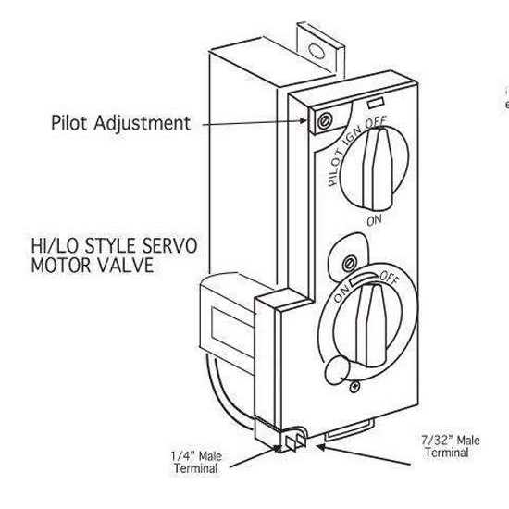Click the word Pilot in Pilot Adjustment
pyautogui.click(x=69, y=123)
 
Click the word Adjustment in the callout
pyautogui.click(x=143, y=123)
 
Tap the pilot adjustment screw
pyautogui.click(x=324, y=121)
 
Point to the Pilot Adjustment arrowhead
pyautogui.click(x=303, y=120)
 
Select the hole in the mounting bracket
pyautogui.click(x=317, y=51)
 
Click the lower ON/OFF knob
pyautogui.click(x=369, y=325)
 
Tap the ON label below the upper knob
pyautogui.click(x=374, y=221)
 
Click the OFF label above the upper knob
pyautogui.click(x=377, y=122)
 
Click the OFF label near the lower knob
pyautogui.click(x=390, y=278)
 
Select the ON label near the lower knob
pyautogui.click(x=341, y=292)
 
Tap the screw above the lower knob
pyautogui.click(x=350, y=263)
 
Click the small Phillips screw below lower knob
pyautogui.click(x=354, y=387)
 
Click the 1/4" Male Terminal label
pyautogui.click(x=196, y=462)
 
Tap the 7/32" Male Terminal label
pyautogui.click(x=451, y=446)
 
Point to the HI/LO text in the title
pyautogui.click(x=55, y=246)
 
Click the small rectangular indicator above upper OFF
pyautogui.click(x=376, y=103)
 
